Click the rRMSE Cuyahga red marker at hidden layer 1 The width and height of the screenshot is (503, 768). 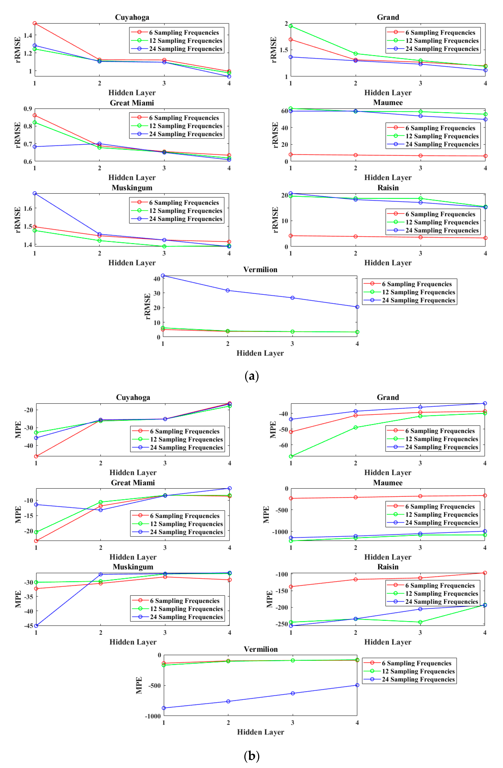coord(34,23)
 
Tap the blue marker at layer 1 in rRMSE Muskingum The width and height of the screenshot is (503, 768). coord(34,193)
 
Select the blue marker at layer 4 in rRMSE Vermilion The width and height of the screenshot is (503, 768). coord(357,307)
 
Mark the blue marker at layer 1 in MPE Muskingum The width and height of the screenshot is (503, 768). coord(36,626)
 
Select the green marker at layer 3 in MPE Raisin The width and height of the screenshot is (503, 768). coord(420,622)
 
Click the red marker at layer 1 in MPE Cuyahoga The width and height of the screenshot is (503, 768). coord(36,456)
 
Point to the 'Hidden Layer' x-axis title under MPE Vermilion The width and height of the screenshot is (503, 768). coord(260,732)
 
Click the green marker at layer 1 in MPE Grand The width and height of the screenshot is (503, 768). coord(291,456)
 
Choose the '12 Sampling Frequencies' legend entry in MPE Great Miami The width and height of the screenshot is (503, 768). coord(186,524)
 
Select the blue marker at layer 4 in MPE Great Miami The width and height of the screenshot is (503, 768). coord(229,488)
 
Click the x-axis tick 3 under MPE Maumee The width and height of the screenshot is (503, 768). coord(420,548)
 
